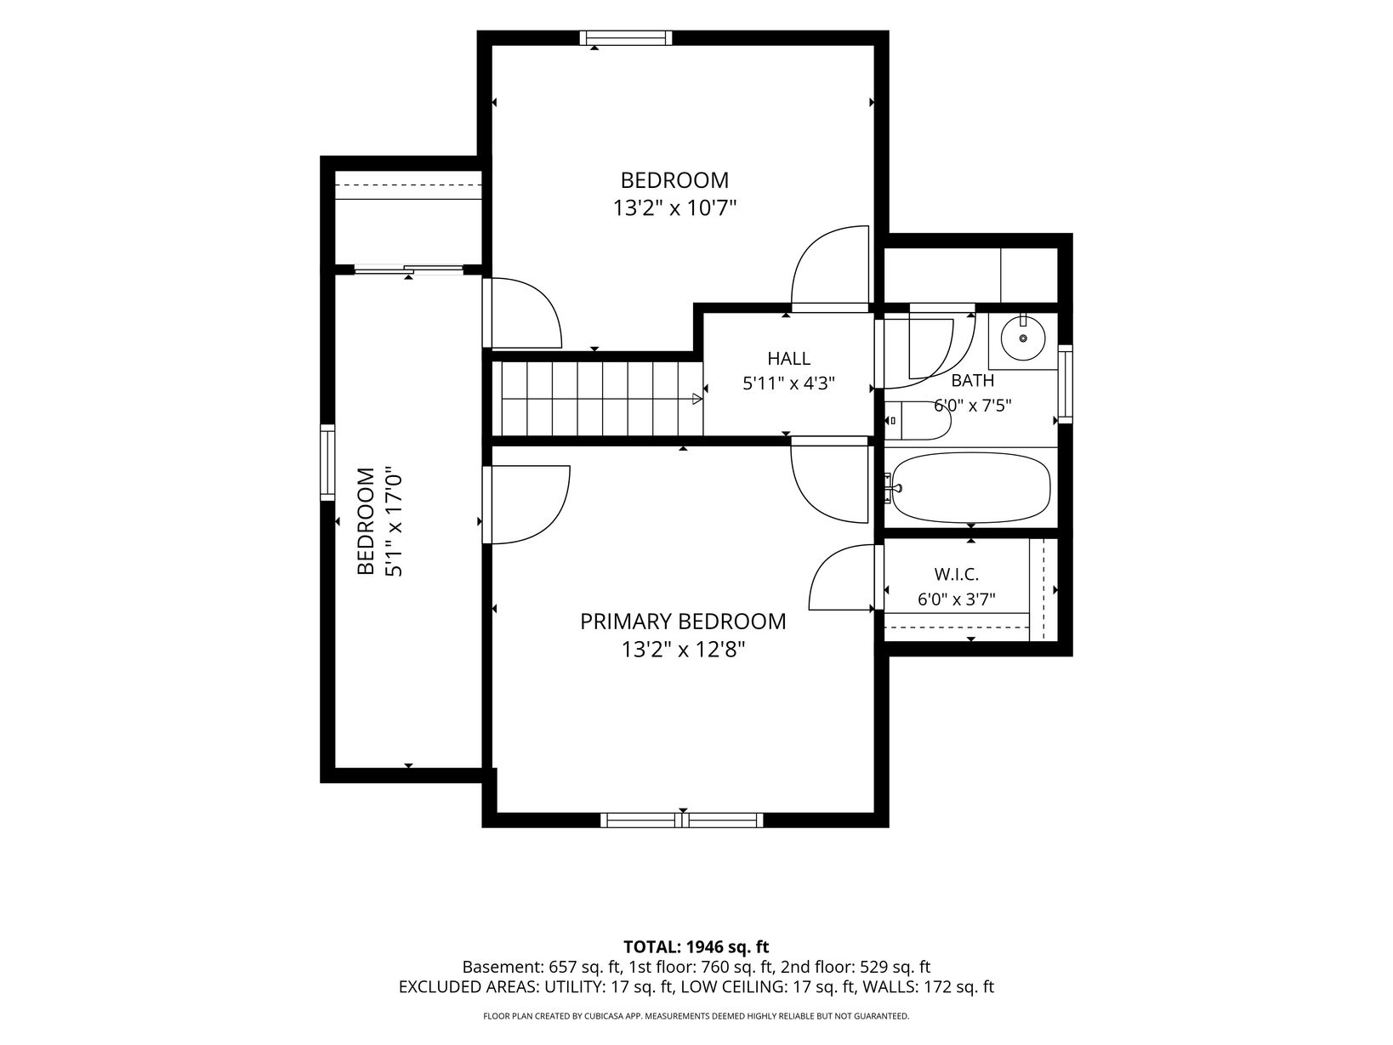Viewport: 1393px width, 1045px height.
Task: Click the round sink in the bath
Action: click(x=1022, y=338)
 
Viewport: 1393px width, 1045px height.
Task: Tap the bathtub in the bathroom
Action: click(x=971, y=487)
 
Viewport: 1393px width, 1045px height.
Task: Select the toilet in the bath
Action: click(x=918, y=420)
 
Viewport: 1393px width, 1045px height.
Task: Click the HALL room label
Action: click(x=789, y=359)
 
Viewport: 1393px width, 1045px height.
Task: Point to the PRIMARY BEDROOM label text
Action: click(x=683, y=622)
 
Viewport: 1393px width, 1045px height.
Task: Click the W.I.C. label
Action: click(x=957, y=574)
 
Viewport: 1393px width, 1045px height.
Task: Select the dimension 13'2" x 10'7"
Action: click(x=674, y=208)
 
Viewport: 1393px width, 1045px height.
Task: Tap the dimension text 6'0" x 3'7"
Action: click(x=957, y=599)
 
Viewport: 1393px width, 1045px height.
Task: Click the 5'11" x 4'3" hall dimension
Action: click(x=789, y=383)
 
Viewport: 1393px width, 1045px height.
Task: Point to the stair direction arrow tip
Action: click(x=702, y=399)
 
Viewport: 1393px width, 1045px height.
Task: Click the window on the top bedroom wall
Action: click(x=626, y=38)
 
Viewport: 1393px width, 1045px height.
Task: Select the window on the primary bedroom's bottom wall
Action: click(x=682, y=820)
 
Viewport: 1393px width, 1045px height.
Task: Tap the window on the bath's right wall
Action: click(x=1065, y=383)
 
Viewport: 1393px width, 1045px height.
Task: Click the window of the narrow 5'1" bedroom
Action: click(x=327, y=463)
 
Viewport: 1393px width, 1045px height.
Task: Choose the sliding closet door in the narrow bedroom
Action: click(x=409, y=270)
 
